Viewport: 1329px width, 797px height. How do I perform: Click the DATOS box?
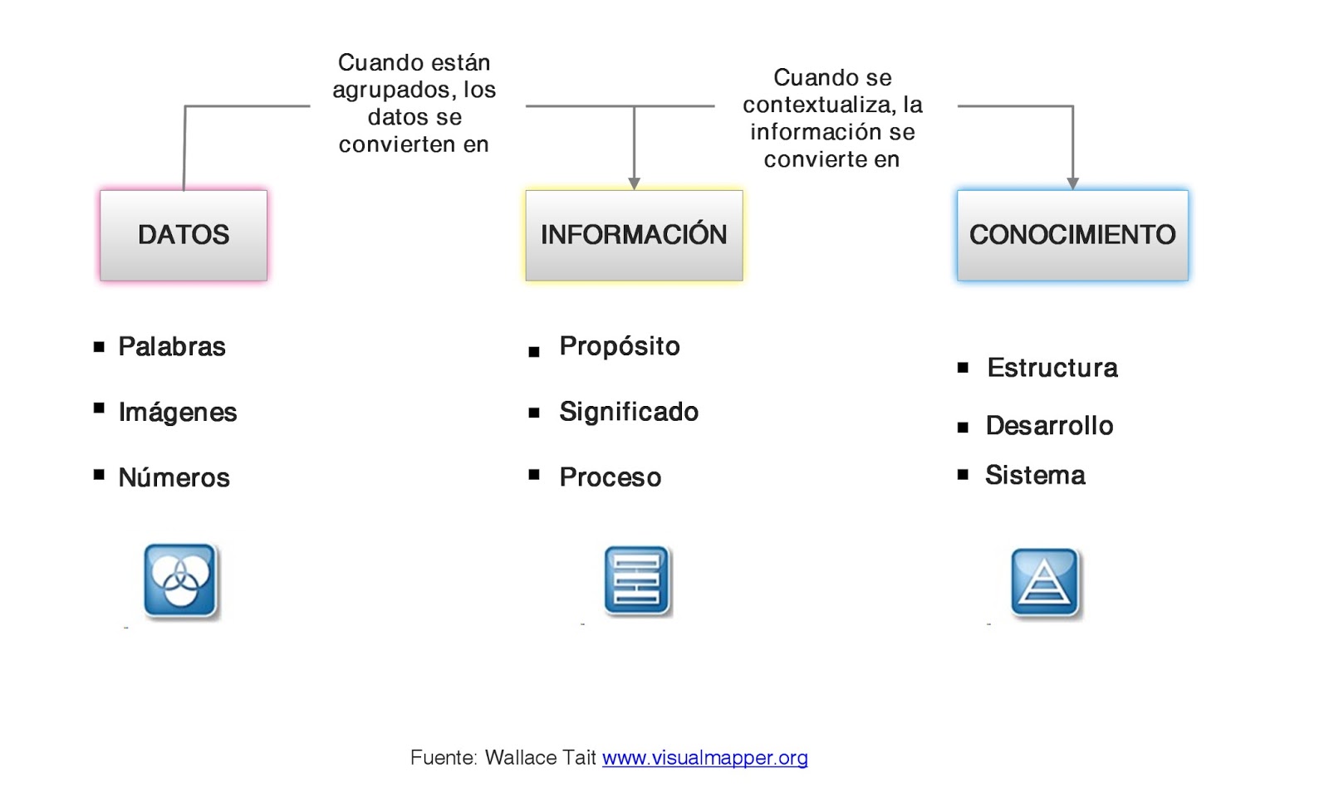(x=184, y=235)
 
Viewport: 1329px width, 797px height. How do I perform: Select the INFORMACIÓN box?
(x=634, y=235)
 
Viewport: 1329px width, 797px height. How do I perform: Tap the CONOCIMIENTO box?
(x=1072, y=235)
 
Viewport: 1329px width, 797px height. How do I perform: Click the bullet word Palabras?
(x=172, y=346)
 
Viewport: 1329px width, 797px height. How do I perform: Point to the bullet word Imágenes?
(x=178, y=412)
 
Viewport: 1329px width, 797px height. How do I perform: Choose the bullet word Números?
(x=174, y=477)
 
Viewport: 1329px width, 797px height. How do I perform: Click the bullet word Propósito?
(x=620, y=346)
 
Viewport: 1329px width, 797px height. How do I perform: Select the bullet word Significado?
(x=629, y=412)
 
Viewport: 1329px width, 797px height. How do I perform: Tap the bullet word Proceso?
(x=611, y=477)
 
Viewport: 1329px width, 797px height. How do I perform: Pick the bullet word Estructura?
(x=1052, y=368)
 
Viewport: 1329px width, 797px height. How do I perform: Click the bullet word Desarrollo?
(x=1049, y=426)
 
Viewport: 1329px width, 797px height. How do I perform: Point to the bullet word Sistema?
(x=1035, y=476)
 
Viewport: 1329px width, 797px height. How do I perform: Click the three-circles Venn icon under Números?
(x=180, y=580)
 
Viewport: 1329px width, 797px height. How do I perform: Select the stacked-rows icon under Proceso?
(x=636, y=580)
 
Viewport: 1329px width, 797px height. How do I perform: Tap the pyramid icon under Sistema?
(x=1045, y=582)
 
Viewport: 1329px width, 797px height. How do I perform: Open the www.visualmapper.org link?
(x=704, y=758)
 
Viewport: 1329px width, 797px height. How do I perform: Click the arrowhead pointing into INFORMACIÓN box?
(x=635, y=183)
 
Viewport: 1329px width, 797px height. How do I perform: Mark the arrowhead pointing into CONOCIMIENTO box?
(x=1073, y=183)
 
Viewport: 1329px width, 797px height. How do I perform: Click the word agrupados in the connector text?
(x=390, y=90)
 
